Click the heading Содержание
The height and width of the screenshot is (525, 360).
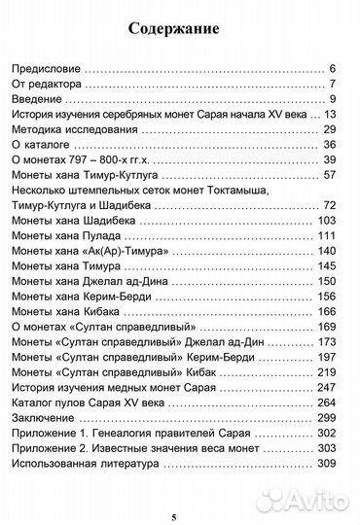coord(179,29)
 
